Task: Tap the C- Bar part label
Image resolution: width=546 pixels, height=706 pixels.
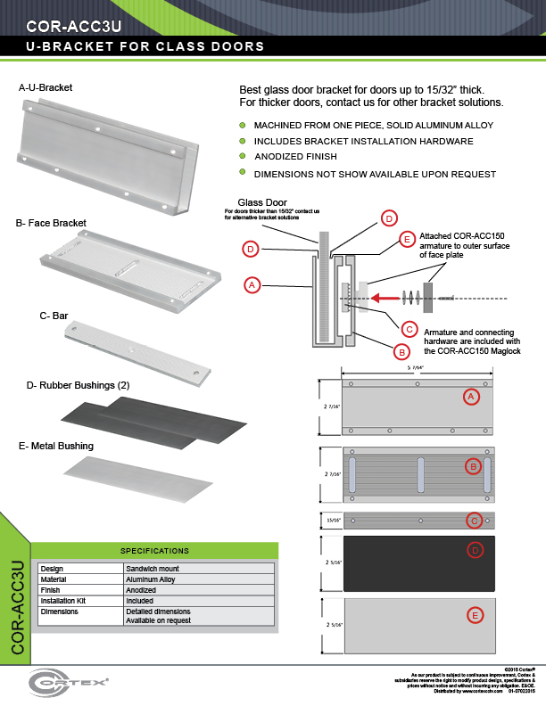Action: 54,315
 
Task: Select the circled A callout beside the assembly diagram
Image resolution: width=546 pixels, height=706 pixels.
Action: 252,285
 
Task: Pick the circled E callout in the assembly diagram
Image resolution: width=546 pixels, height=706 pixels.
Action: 407,240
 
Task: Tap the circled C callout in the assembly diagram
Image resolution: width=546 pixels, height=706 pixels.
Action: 408,328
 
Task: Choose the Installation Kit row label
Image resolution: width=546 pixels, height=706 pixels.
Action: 62,602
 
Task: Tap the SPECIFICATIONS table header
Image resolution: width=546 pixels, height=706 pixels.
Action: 154,551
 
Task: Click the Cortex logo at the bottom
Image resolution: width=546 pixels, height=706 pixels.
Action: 69,681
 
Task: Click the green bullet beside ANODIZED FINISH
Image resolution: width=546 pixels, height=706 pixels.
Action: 242,156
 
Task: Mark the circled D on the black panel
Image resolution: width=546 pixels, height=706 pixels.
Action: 476,551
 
